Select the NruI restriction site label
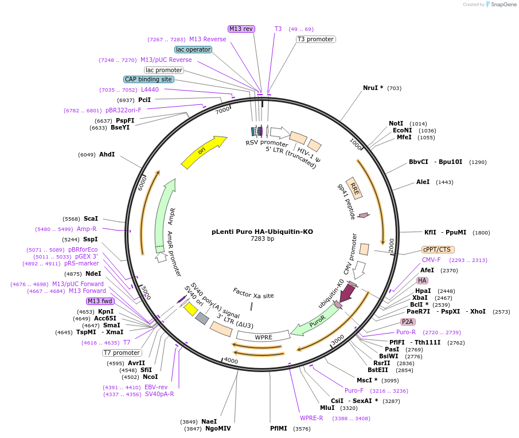(x=373, y=88)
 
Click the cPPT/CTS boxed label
(x=438, y=249)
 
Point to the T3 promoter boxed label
(x=315, y=39)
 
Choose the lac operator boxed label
(x=193, y=49)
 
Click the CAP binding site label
(x=148, y=79)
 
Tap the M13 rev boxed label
(x=241, y=29)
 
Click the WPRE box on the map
(x=264, y=337)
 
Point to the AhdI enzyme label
(x=107, y=155)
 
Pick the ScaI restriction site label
(x=91, y=218)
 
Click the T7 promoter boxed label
(x=122, y=353)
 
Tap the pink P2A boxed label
(x=408, y=322)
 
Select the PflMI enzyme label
(x=280, y=428)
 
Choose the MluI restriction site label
(x=327, y=408)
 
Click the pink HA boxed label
(x=422, y=280)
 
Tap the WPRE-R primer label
(x=311, y=418)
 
